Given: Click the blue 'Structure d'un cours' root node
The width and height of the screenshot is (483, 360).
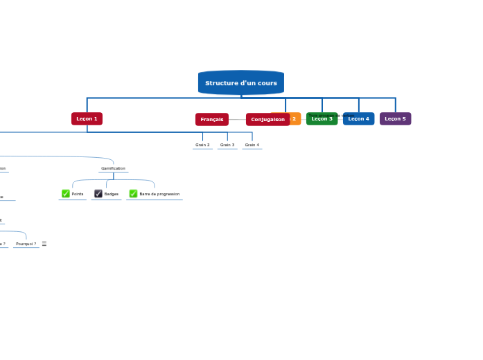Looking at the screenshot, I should (240, 83).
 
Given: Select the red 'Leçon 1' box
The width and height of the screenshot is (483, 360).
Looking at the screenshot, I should (87, 119).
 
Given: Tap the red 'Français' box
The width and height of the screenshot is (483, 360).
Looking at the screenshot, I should (211, 120).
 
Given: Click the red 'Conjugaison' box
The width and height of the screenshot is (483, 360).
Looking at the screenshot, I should (267, 120).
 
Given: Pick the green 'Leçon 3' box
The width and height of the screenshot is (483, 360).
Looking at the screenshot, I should (322, 119).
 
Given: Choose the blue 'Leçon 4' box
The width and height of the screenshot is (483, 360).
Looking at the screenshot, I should (358, 119).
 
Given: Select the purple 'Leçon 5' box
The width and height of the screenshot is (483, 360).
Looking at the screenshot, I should (395, 119).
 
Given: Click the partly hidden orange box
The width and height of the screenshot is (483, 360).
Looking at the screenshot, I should (295, 119).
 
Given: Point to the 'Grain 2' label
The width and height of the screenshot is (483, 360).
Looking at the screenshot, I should (202, 145).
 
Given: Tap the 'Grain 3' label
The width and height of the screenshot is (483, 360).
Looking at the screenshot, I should (227, 145).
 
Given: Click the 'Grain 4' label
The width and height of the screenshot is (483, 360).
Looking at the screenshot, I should (252, 145).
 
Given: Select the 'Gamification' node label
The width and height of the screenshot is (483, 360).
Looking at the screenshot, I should (113, 168).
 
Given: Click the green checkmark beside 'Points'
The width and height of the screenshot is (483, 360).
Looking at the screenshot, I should (66, 194).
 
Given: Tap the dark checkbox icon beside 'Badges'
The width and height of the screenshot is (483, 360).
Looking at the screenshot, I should (98, 194).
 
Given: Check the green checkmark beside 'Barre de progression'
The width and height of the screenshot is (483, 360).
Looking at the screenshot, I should (133, 194).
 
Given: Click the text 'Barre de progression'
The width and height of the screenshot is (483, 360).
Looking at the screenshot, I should (159, 195).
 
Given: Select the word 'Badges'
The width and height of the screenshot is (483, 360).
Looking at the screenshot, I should (112, 195).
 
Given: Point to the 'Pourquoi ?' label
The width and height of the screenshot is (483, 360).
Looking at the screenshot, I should (26, 244).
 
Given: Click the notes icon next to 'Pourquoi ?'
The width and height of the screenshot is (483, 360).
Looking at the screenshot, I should (44, 244).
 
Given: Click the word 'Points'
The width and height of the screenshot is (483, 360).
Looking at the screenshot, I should (78, 195).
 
